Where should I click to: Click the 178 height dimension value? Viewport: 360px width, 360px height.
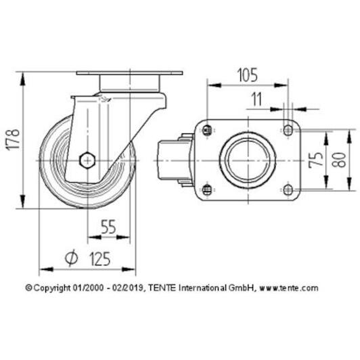coord(13,140)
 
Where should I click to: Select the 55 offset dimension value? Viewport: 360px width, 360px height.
coord(108,227)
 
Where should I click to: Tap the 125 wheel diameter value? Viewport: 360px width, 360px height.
coord(100,258)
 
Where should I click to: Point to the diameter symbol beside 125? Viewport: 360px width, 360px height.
coord(71,258)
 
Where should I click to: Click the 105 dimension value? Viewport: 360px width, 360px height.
coord(247,75)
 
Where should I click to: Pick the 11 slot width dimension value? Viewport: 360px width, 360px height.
coord(256,99)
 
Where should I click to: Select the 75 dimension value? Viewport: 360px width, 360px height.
coord(316,160)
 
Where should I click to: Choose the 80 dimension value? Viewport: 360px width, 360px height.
coord(338,160)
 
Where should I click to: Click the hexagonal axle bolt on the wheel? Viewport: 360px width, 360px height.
coord(87,160)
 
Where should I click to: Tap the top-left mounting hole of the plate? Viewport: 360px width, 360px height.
coord(207,131)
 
